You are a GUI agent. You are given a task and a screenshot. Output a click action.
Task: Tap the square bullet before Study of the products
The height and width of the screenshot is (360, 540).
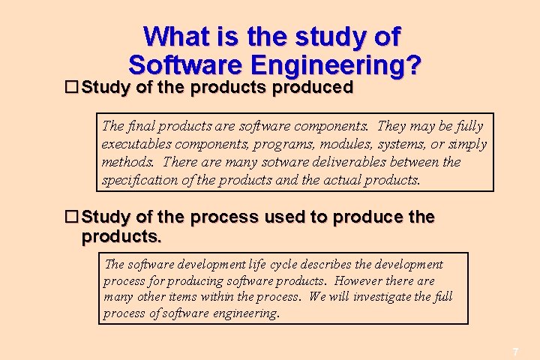(72, 88)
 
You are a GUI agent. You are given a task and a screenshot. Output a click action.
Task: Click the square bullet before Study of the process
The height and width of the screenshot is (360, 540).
(72, 217)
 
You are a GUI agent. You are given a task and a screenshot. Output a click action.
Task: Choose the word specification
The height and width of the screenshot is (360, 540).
(136, 180)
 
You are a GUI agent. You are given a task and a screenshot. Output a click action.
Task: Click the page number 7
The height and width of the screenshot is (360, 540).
(515, 352)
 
